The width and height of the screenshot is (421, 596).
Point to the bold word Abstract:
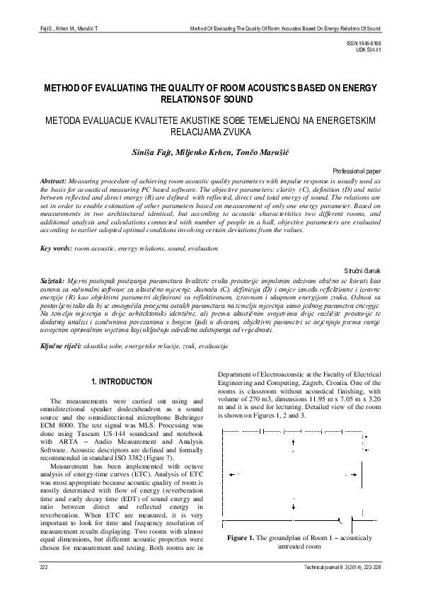54,181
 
